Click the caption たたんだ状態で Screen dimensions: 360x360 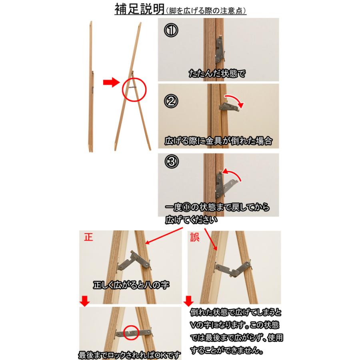[x=216, y=74]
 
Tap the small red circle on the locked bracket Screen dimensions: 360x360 [x=131, y=332]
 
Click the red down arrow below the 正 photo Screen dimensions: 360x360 [x=84, y=302]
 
